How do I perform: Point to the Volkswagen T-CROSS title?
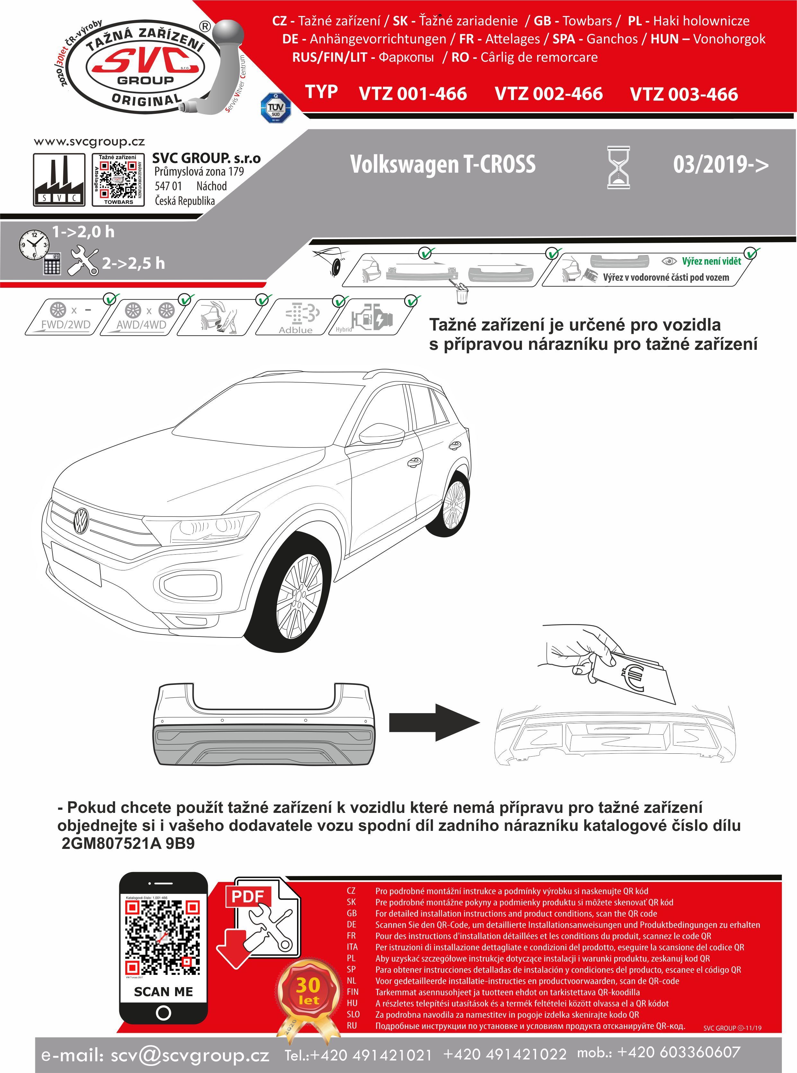pos(442,164)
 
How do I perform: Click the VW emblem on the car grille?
pos(81,521)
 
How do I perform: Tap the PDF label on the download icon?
pos(247,897)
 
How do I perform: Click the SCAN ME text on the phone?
pos(163,992)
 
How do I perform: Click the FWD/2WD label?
pos(66,324)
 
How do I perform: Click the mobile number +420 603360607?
pos(678,1052)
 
